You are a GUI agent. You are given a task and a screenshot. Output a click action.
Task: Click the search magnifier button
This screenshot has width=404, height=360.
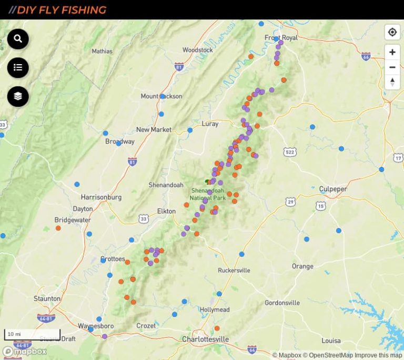(x=18, y=39)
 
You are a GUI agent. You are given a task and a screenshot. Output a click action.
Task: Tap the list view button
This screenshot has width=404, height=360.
(x=18, y=67)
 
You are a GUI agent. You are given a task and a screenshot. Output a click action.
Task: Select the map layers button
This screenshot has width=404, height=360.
(x=18, y=96)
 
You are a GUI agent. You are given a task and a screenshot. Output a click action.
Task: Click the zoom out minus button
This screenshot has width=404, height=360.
(x=392, y=67)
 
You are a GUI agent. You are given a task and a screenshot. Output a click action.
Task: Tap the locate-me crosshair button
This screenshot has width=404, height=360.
(x=392, y=32)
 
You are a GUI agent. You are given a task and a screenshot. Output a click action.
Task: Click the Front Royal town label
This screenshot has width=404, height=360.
(x=281, y=37)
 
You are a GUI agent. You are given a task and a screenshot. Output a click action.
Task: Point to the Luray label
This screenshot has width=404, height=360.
(x=210, y=124)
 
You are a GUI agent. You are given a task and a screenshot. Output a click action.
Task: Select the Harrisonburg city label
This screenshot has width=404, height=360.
(x=101, y=197)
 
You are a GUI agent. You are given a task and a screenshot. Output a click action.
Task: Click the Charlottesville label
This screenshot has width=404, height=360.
(x=205, y=339)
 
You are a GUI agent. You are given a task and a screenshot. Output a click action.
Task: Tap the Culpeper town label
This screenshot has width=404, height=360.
(x=333, y=189)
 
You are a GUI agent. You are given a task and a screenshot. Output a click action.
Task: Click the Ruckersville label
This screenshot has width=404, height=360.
(x=234, y=271)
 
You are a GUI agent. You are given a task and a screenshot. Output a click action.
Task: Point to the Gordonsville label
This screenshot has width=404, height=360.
(x=282, y=303)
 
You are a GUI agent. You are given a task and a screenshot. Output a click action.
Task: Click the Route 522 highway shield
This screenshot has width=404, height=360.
(x=289, y=152)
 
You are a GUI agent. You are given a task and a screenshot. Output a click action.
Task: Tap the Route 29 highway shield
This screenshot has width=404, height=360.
(x=290, y=202)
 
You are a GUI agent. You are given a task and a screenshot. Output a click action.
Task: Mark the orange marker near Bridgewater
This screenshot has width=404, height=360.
(x=58, y=228)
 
